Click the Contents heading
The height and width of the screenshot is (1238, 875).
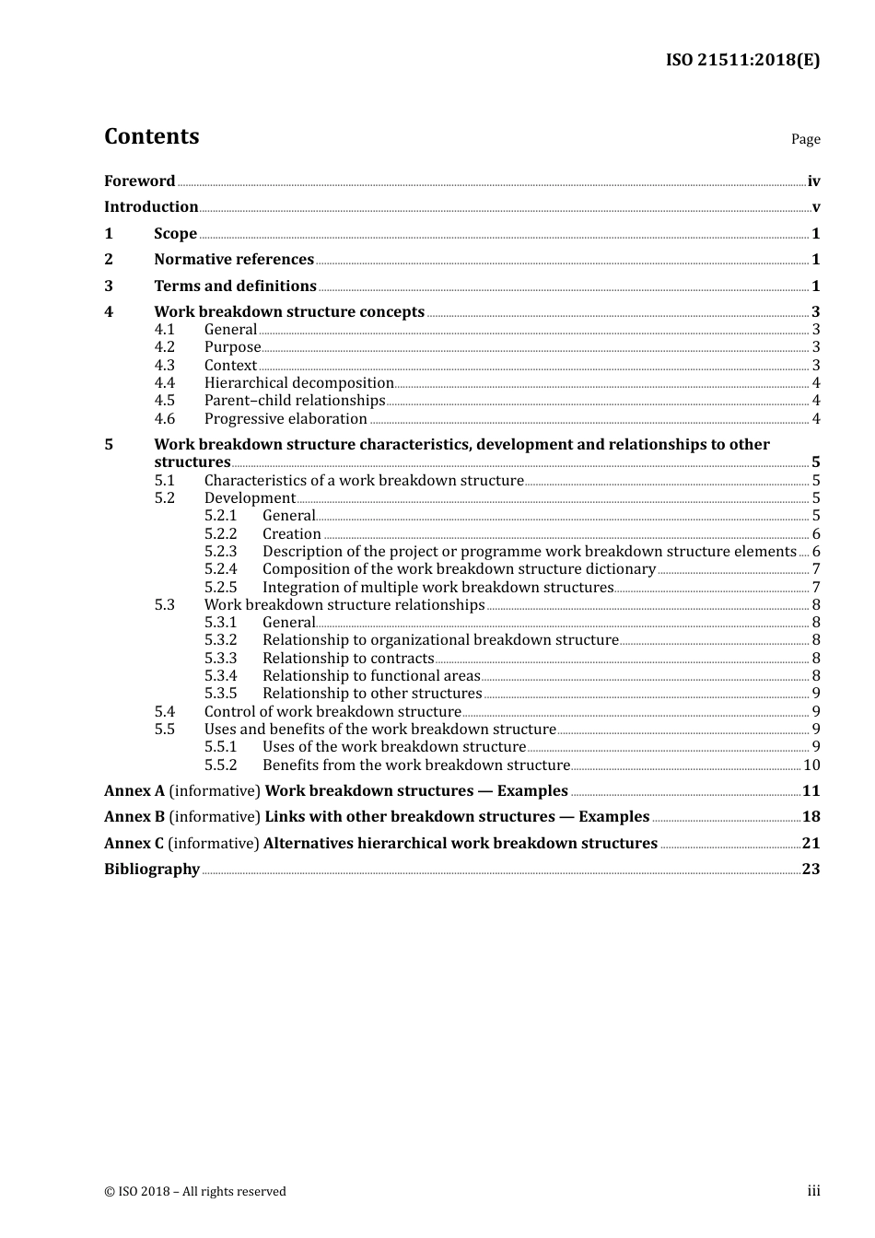151,136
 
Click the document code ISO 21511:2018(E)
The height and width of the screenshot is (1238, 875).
742,60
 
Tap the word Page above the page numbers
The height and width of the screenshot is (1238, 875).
805,139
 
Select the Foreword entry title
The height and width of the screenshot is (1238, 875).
139,181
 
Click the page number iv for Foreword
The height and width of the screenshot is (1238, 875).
813,181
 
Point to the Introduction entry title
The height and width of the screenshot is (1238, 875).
151,207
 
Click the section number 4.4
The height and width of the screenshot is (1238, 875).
165,383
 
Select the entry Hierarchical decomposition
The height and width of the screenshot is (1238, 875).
298,383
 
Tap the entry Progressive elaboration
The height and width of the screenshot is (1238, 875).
286,419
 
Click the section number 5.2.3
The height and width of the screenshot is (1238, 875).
221,552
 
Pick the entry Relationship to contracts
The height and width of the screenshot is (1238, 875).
348,659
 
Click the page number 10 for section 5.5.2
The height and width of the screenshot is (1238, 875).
811,765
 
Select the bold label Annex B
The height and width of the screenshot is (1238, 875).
134,817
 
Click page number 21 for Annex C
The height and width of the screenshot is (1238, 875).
811,844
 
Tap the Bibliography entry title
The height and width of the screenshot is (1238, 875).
152,870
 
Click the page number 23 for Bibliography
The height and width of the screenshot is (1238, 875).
811,870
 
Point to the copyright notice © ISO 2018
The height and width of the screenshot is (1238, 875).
195,1191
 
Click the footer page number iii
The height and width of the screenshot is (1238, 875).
813,1191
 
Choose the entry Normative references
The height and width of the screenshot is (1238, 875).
234,260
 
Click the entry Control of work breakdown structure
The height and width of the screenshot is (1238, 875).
332,712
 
